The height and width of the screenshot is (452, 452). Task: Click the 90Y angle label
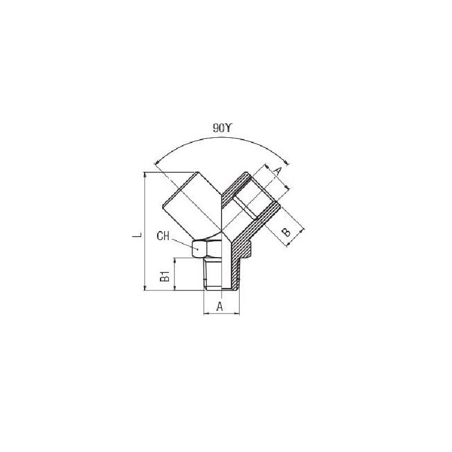click(x=221, y=128)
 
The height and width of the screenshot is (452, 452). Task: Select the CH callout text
click(x=163, y=236)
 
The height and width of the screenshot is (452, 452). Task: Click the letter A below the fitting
click(x=220, y=306)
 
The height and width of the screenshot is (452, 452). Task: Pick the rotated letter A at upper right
click(x=276, y=172)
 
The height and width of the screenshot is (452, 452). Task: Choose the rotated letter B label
click(x=286, y=232)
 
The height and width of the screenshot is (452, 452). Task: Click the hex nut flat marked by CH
click(x=198, y=249)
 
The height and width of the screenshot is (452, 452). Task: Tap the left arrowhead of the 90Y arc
click(x=157, y=163)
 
